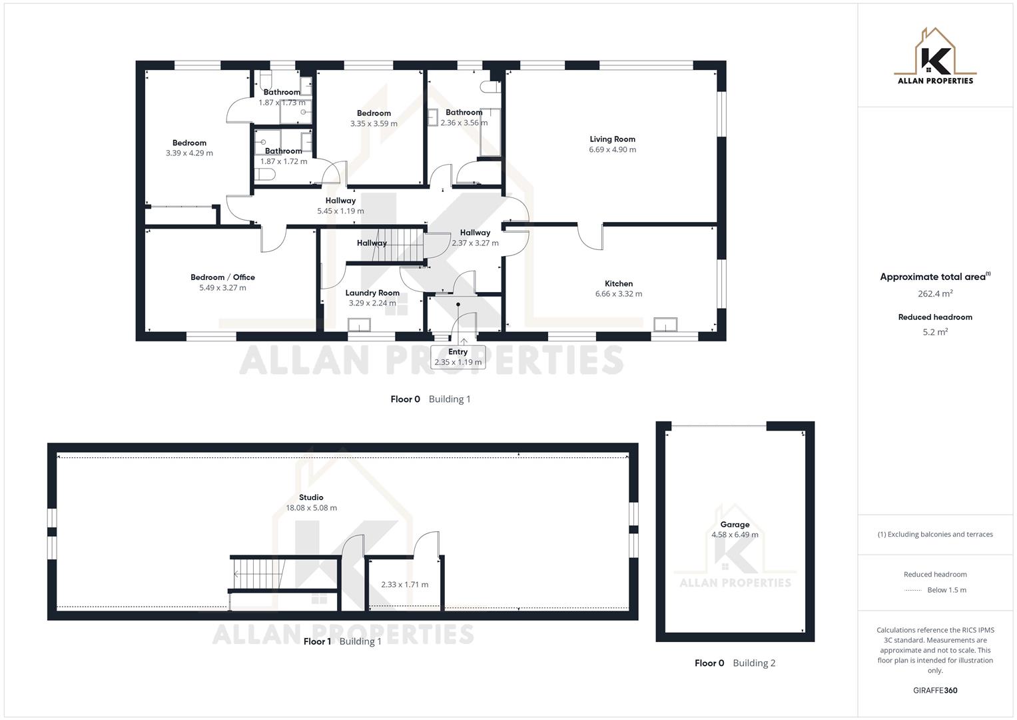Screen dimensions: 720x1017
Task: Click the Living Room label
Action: [612, 139]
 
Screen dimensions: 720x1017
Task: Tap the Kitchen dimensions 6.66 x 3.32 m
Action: [618, 294]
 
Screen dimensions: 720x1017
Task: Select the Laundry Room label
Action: [372, 293]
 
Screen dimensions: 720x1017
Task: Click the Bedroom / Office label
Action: [222, 277]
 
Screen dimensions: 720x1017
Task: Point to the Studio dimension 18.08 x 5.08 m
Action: [311, 508]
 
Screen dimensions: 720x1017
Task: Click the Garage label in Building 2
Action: [735, 525]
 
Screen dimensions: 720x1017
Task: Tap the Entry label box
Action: [458, 357]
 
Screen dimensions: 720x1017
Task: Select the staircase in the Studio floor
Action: [258, 573]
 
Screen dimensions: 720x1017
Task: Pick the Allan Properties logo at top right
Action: [935, 57]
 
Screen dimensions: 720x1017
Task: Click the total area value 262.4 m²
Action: [935, 293]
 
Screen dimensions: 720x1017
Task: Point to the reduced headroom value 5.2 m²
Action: [935, 332]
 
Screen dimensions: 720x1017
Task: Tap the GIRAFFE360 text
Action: [935, 691]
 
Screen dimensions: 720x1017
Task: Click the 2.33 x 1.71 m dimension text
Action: [404, 585]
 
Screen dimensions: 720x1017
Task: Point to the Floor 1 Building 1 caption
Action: [342, 641]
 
